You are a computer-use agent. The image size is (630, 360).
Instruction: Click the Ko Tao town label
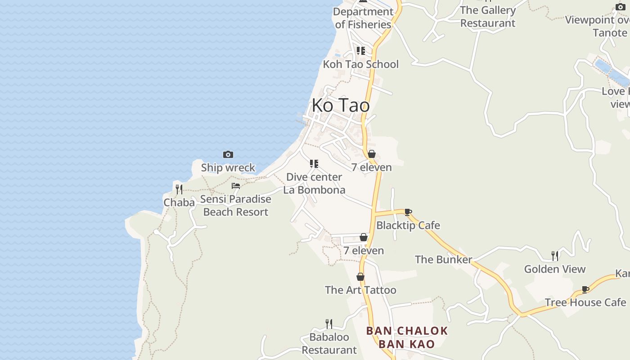[341, 105]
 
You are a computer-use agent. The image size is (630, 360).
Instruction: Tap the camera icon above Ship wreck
[228, 155]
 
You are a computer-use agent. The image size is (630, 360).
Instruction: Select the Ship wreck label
[228, 168]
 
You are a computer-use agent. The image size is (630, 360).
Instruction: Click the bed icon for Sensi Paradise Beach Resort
[236, 185]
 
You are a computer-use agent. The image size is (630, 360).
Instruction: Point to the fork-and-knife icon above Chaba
[179, 189]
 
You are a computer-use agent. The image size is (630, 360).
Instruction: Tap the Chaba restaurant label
[179, 202]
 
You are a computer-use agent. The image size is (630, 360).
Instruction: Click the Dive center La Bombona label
[314, 184]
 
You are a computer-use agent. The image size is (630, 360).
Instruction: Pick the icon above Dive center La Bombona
[314, 164]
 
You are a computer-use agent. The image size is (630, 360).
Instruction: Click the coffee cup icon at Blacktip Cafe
[408, 212]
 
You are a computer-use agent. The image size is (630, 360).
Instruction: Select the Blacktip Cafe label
[408, 225]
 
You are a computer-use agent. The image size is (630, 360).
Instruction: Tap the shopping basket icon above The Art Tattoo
[360, 277]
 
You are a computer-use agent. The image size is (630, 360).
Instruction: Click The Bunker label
[443, 260]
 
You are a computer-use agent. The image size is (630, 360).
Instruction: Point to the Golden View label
[555, 269]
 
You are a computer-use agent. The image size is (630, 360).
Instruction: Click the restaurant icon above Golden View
[555, 256]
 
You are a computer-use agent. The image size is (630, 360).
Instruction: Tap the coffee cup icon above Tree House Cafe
[585, 289]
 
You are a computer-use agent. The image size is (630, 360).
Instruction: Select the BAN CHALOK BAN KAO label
[407, 337]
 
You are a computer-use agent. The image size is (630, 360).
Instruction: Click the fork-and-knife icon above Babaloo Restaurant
[329, 324]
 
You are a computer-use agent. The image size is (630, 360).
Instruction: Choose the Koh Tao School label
[360, 64]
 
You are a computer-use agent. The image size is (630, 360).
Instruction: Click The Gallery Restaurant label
[488, 17]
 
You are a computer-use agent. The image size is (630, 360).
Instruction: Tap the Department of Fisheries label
[363, 18]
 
